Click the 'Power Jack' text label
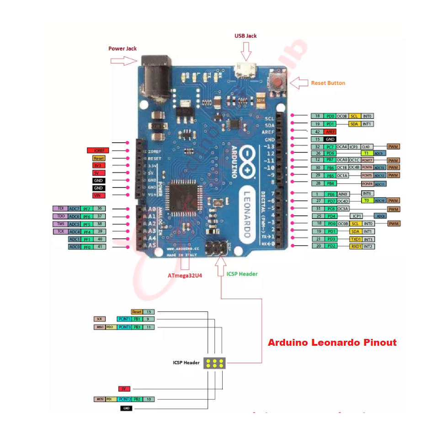(x=122, y=48)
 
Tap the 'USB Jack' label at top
(x=245, y=36)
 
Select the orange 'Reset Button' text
(x=328, y=83)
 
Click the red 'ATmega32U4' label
(x=186, y=276)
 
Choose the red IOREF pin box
(x=97, y=150)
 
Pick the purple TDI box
(x=60, y=209)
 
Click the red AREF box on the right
(x=330, y=131)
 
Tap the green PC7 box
(x=330, y=146)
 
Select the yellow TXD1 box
(x=355, y=239)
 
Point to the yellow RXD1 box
(x=355, y=247)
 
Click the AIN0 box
(x=344, y=194)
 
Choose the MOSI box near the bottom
(x=99, y=399)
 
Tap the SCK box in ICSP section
(x=99, y=319)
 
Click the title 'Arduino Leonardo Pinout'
(x=332, y=343)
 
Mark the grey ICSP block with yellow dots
(x=215, y=363)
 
